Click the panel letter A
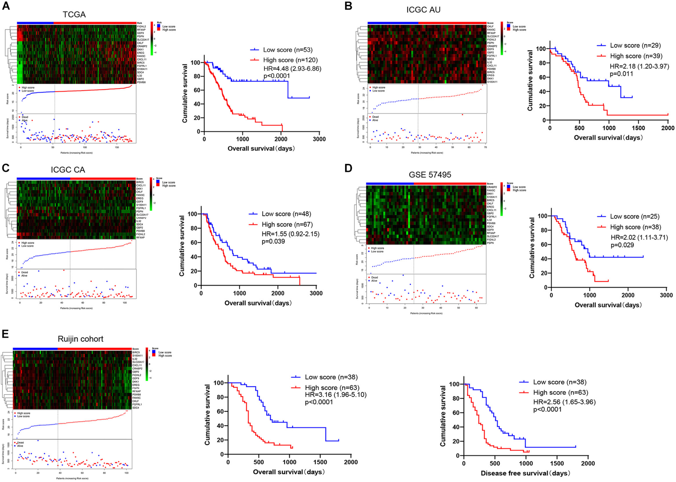tap(6, 6)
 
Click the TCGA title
tap(74, 15)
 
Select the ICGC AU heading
tap(423, 10)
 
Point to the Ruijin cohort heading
tap(81, 339)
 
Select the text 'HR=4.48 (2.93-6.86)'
tap(292, 69)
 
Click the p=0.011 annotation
tap(621, 74)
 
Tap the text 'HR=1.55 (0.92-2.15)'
tap(290, 234)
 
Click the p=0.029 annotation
tap(622, 245)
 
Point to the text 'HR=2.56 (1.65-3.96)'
tap(564, 402)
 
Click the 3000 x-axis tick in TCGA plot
tap(319, 139)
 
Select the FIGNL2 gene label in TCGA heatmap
tap(141, 26)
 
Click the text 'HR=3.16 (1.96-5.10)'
tap(336, 395)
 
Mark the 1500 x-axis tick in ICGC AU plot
tap(638, 128)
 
